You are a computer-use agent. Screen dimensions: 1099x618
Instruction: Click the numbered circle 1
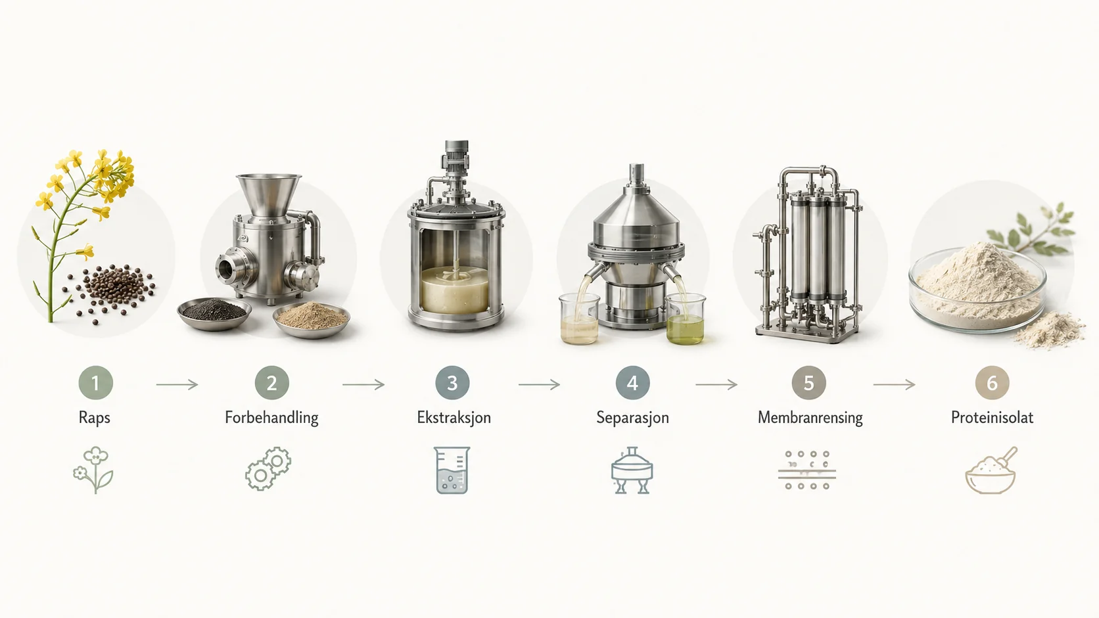96,383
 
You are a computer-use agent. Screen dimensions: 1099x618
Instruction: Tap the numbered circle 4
633,383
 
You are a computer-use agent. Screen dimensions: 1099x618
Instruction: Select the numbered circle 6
992,383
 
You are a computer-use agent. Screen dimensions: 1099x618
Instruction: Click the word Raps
94,418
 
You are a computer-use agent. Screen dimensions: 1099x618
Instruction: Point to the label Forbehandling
272,418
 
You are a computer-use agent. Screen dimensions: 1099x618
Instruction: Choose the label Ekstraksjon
454,418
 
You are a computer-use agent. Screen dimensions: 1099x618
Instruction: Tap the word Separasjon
632,418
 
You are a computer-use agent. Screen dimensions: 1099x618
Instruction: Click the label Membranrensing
810,418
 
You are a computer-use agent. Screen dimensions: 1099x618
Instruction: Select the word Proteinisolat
992,418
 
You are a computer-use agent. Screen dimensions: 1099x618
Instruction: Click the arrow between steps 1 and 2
177,385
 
